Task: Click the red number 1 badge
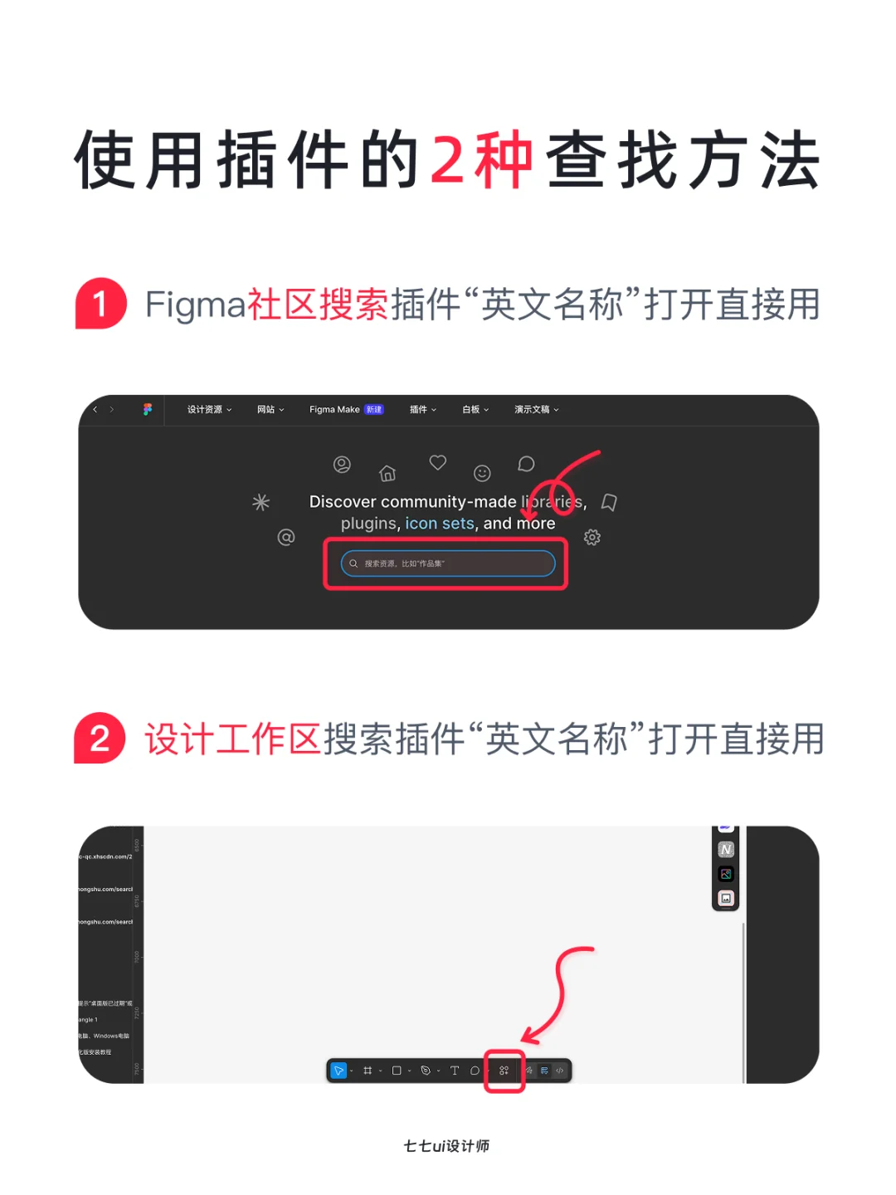100,304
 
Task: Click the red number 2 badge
100,739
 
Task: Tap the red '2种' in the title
481,159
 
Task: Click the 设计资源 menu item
208,409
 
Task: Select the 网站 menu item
270,409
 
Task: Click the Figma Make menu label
334,409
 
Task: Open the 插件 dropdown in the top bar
422,409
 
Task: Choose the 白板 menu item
475,409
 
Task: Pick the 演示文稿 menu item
536,409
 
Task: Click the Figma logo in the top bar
148,409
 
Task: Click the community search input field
448,563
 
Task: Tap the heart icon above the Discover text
438,462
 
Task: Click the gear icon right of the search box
592,538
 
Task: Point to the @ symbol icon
286,538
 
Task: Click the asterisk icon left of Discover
261,502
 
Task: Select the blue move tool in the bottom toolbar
338,1071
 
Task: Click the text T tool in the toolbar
455,1071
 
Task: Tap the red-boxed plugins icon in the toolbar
504,1071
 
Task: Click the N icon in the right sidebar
726,850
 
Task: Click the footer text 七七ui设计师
446,1146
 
